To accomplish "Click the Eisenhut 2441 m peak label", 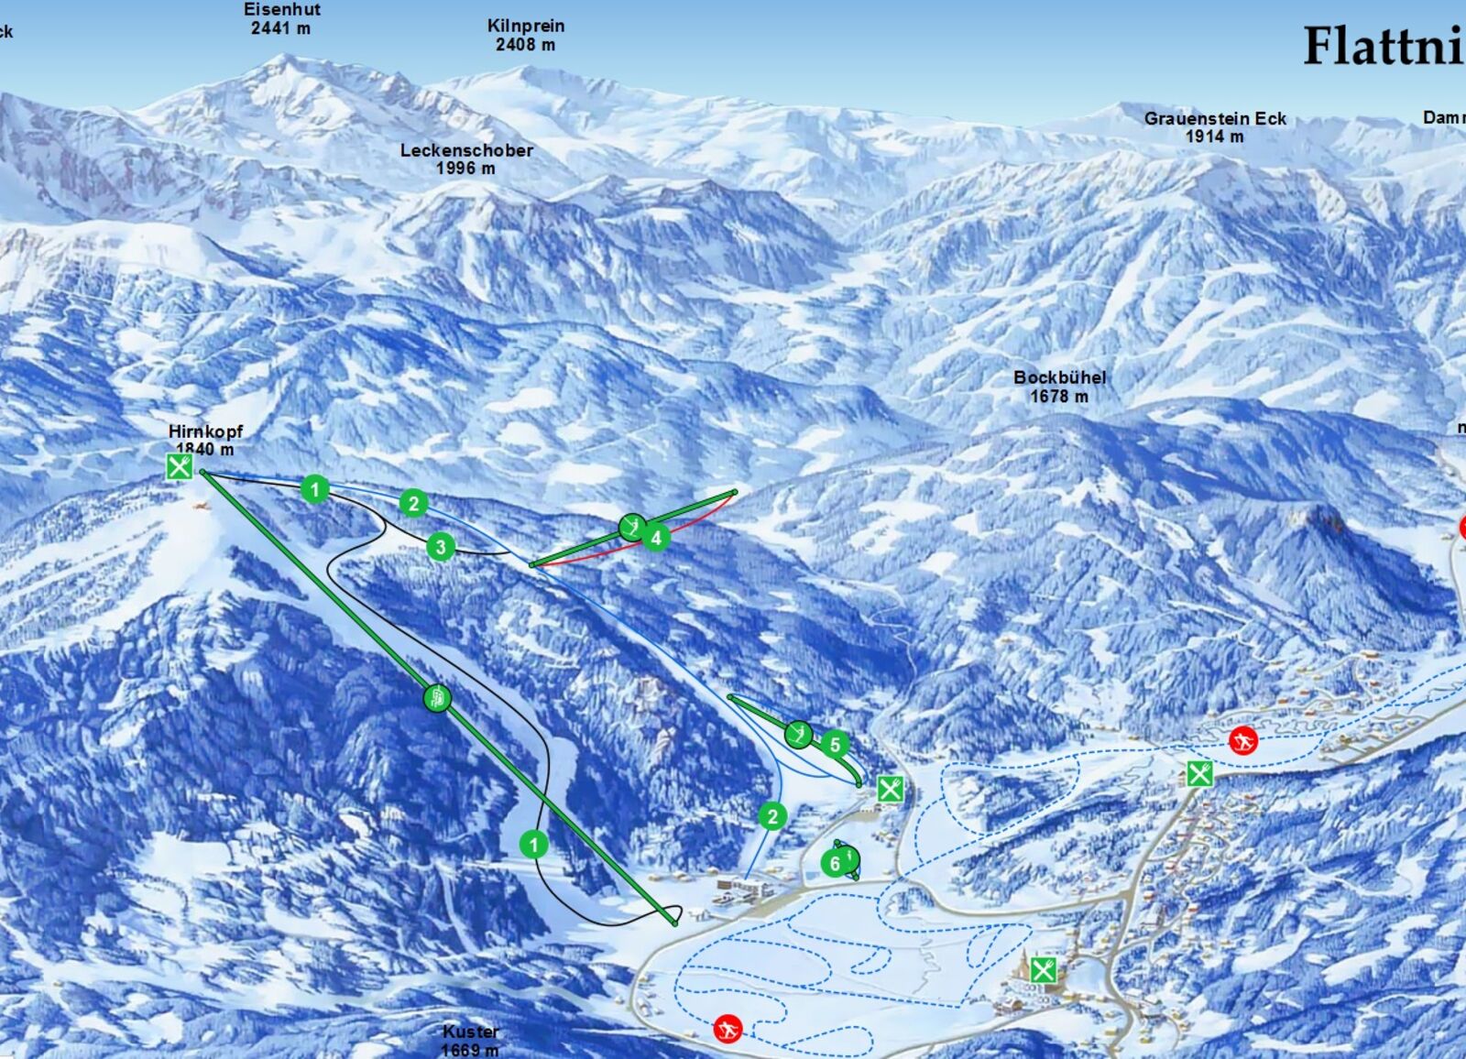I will point(281,18).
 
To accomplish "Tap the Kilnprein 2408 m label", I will point(525,35).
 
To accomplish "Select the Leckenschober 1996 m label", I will point(466,158).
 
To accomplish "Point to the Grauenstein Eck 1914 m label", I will point(1215,127).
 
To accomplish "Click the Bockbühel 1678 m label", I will point(1059,387).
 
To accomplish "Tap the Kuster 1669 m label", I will point(470,1041).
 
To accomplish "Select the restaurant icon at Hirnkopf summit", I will point(180,467).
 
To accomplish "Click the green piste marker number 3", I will point(441,548).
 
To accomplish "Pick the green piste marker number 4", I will point(656,538).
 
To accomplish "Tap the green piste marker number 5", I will point(835,745).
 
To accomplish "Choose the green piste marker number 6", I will point(835,863).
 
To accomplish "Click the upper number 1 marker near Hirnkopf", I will point(315,489).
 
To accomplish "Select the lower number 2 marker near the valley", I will point(773,816).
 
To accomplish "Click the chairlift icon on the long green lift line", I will point(438,699).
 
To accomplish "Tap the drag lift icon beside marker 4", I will point(631,527).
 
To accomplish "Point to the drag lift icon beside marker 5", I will point(799,734).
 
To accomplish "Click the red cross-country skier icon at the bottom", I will point(728,1029).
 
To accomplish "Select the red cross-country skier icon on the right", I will point(1242,740).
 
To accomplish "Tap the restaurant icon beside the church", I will point(1043,969).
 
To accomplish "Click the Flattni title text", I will point(1384,46).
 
